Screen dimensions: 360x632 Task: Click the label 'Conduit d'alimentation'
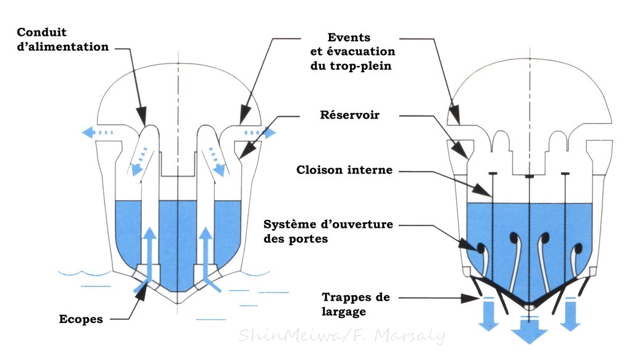tap(63, 40)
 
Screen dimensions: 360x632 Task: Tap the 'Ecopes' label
tap(81, 319)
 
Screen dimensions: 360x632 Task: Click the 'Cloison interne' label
tap(344, 169)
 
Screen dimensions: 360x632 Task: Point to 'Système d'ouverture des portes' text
tap(328, 231)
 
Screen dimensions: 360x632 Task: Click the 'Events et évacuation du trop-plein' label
tap(352, 52)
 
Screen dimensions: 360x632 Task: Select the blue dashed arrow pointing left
tap(98, 132)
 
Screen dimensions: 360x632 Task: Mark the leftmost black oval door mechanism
tap(480, 248)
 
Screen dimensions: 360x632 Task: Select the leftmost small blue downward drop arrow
tap(488, 313)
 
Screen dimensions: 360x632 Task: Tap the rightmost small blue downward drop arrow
tap(570, 313)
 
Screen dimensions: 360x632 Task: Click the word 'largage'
tap(343, 312)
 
